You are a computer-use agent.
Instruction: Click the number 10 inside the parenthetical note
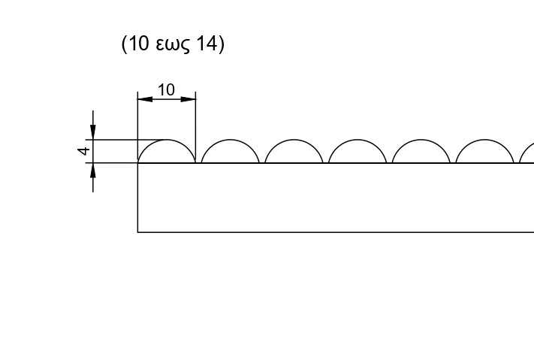[x=139, y=44]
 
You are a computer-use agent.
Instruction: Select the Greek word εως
[x=173, y=45]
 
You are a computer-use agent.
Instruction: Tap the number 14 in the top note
[x=207, y=44]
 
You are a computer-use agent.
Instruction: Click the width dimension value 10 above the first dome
[x=167, y=90]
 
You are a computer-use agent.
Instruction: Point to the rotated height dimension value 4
[x=84, y=150]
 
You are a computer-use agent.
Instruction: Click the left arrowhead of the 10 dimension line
[x=145, y=99]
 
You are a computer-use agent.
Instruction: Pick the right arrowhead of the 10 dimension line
[x=189, y=99]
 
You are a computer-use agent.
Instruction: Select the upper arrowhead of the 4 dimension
[x=93, y=132]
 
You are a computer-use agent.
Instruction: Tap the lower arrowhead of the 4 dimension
[x=93, y=170]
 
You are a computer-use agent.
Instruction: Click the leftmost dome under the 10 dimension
[x=167, y=140]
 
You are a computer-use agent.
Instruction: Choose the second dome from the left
[x=231, y=140]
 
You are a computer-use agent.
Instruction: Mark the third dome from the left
[x=294, y=140]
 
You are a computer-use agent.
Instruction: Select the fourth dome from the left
[x=358, y=140]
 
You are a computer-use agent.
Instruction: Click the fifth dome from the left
[x=421, y=140]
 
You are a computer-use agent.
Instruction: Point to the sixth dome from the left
[x=485, y=140]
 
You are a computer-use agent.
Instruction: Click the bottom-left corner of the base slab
[x=137, y=232]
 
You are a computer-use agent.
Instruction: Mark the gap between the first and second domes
[x=198, y=162]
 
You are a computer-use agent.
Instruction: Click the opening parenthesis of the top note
[x=125, y=44]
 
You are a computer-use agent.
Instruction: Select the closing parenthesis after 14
[x=222, y=44]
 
